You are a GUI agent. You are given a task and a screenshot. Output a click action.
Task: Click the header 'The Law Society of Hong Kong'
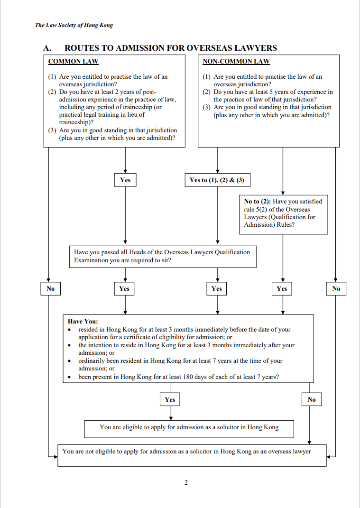pyautogui.click(x=74, y=25)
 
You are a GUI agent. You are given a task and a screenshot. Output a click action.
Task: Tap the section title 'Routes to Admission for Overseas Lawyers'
pyautogui.click(x=171, y=48)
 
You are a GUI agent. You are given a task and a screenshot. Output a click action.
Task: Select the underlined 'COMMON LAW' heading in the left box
pyautogui.click(x=73, y=61)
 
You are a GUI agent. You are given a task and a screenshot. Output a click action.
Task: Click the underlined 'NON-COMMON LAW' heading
pyautogui.click(x=236, y=61)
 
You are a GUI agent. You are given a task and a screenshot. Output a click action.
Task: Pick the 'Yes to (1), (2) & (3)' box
pyautogui.click(x=217, y=180)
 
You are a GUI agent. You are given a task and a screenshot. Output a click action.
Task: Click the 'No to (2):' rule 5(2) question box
pyautogui.click(x=283, y=214)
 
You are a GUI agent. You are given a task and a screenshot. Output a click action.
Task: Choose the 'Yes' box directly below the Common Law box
pyautogui.click(x=125, y=180)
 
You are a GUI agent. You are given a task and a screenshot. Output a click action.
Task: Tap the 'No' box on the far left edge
pyautogui.click(x=50, y=288)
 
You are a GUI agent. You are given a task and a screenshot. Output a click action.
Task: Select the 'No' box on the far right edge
pyautogui.click(x=336, y=288)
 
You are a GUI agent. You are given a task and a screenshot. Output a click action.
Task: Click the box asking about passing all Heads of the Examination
pyautogui.click(x=163, y=256)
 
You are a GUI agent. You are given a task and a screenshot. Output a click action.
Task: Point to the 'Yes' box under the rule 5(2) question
pyautogui.click(x=282, y=288)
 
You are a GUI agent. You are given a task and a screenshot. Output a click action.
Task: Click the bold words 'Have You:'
pyautogui.click(x=83, y=322)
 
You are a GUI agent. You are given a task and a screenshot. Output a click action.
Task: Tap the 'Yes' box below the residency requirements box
pyautogui.click(x=170, y=399)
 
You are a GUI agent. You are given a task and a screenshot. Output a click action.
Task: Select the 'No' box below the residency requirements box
pyautogui.click(x=312, y=399)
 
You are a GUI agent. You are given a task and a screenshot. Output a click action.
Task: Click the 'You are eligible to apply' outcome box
pyautogui.click(x=189, y=429)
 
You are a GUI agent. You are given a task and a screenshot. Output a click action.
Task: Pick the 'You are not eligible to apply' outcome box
pyautogui.click(x=192, y=455)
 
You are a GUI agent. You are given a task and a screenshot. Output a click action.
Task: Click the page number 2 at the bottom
pyautogui.click(x=186, y=483)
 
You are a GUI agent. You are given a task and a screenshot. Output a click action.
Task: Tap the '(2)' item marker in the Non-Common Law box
pyautogui.click(x=207, y=92)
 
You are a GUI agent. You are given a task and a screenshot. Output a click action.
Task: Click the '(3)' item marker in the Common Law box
pyautogui.click(x=52, y=130)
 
